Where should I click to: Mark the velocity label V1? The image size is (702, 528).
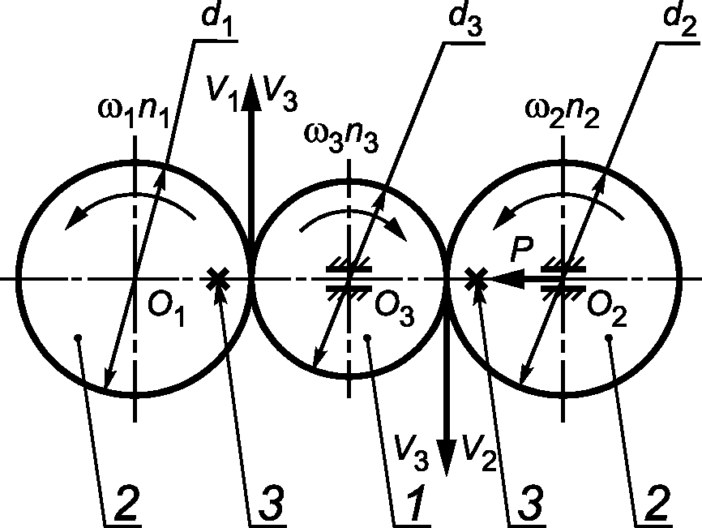pos(221,89)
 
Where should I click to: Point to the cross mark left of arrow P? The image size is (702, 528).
pos(477,278)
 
